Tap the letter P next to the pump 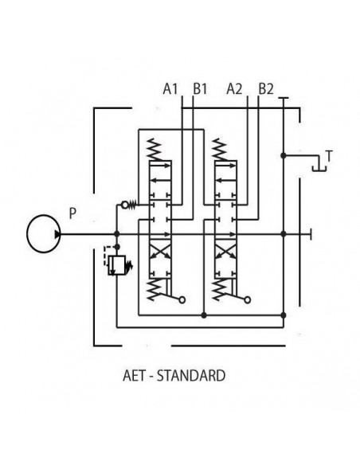pos(72,213)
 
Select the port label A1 pos(170,90)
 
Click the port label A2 pos(235,90)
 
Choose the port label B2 pos(265,90)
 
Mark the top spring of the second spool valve pos(223,148)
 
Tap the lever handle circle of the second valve pos(247,300)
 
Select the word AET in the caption pos(134,373)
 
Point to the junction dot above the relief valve pos(117,234)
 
